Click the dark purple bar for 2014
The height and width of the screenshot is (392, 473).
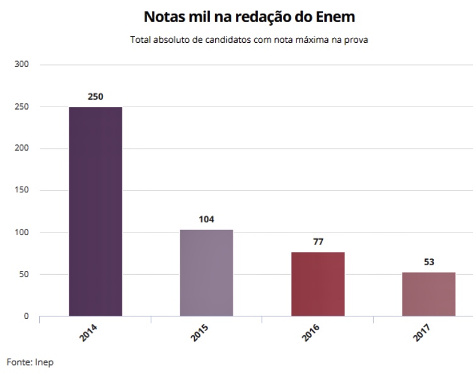95,211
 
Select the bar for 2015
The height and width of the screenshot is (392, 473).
206,272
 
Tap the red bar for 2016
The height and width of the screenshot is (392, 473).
318,284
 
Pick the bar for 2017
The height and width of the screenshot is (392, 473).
429,294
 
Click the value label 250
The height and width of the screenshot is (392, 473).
95,96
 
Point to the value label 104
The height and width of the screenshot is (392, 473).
206,219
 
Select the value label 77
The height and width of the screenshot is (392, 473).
318,241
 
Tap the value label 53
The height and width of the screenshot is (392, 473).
429,262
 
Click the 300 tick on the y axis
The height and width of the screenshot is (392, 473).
22,64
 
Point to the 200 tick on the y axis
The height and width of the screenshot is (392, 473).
22,148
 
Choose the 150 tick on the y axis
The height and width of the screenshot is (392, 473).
22,190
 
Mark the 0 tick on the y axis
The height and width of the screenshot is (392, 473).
26,316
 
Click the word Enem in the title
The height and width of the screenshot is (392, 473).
332,16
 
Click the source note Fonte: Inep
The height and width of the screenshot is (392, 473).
30,362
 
